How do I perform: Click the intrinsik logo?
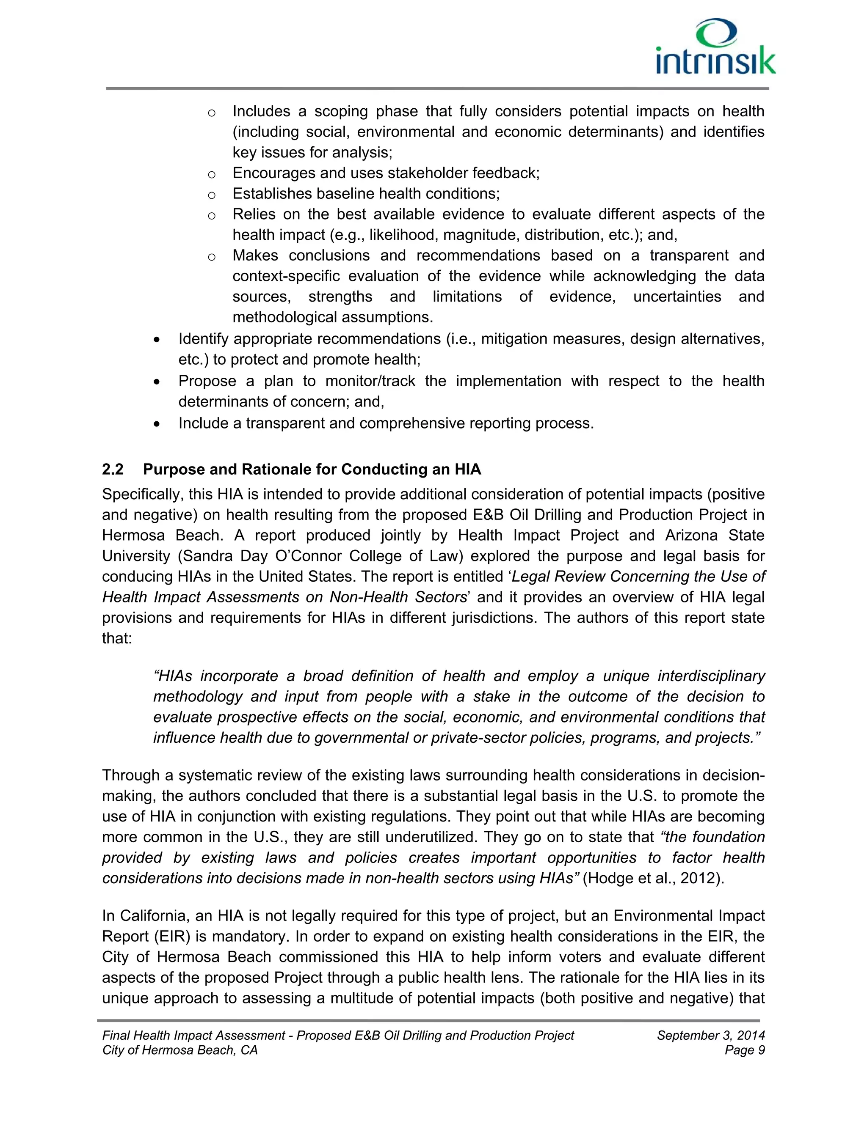tap(715, 48)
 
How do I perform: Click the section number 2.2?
tap(113, 469)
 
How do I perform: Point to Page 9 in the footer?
tap(744, 1050)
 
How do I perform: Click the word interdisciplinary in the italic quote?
tap(711, 676)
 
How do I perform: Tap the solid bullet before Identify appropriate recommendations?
tap(157, 340)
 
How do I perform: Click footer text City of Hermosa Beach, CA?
tap(180, 1050)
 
